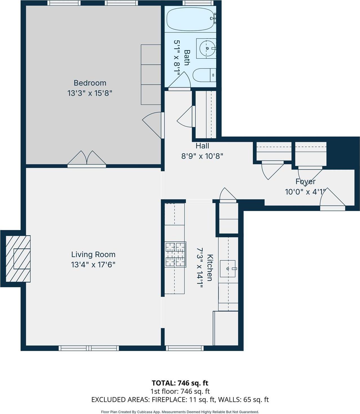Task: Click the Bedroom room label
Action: click(90, 83)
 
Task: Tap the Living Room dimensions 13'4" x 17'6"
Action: click(93, 265)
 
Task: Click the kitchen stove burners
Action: click(175, 254)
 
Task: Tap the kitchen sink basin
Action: click(227, 269)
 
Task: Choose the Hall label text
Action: click(202, 146)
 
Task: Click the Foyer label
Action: click(305, 181)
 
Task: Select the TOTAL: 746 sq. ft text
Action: click(180, 383)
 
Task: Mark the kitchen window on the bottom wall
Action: click(185, 348)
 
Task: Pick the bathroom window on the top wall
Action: click(197, 3)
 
